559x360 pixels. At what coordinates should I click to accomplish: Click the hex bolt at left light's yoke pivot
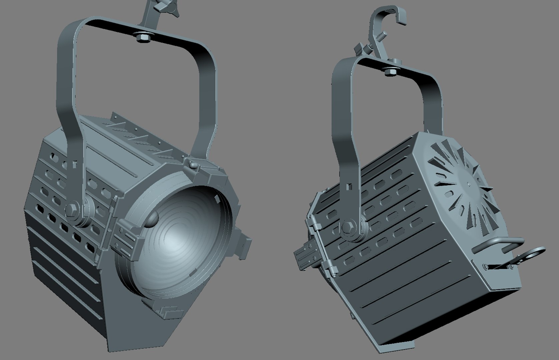point(72,210)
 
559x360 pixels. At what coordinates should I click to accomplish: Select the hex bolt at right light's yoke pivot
point(348,228)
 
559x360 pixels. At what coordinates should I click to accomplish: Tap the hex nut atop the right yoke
point(389,71)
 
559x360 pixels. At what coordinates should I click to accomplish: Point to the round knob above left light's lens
point(193,165)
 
